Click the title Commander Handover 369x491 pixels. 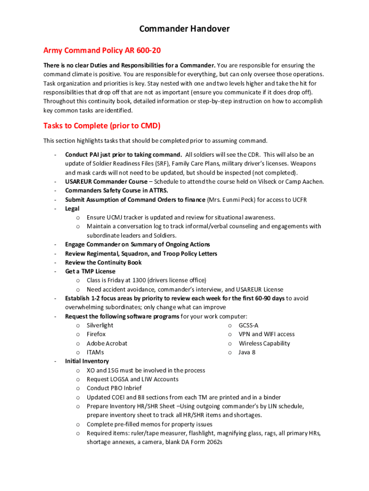(184, 29)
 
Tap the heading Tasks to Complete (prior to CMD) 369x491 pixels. (102, 126)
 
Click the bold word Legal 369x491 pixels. (72, 209)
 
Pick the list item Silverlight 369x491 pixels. (100, 325)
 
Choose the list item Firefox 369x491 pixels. (96, 334)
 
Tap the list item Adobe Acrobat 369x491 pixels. (107, 343)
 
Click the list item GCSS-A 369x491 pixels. (249, 325)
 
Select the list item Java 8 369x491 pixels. (247, 352)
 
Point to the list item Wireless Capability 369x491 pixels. (264, 343)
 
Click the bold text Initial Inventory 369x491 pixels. (87, 361)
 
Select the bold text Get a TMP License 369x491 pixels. (90, 271)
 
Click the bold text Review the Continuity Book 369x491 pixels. (103, 262)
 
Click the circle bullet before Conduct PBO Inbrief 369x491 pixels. (78, 388)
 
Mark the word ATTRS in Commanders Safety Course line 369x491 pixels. (157, 190)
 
